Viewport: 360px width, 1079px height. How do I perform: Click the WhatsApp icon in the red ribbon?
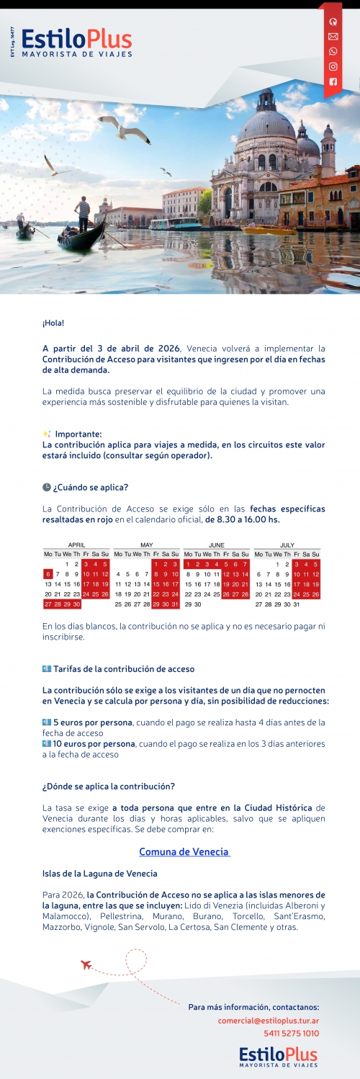coord(333,51)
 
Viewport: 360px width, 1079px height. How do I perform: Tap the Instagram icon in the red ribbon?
coord(333,66)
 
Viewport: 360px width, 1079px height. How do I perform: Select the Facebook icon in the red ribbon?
coord(333,81)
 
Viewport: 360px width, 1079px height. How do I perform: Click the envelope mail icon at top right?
coord(333,36)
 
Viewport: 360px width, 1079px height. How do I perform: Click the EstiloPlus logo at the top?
coord(76,42)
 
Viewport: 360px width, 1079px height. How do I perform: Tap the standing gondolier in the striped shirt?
coord(84,213)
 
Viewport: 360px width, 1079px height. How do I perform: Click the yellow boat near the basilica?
coord(258,230)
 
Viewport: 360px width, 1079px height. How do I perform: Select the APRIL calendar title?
coord(77,545)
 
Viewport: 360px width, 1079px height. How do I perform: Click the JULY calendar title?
coord(287,545)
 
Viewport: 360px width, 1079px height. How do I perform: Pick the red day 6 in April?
coord(48,574)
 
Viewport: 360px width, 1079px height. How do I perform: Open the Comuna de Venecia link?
coord(184,852)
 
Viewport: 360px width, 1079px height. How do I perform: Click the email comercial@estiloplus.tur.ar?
coord(269,1021)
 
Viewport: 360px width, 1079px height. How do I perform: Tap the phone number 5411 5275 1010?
coord(292,1034)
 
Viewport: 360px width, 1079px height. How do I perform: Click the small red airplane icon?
coord(86,964)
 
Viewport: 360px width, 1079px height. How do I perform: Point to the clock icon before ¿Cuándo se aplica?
coord(47,488)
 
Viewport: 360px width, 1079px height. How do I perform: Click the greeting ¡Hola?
coord(53,322)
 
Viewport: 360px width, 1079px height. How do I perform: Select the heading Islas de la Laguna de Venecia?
coord(99,874)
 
